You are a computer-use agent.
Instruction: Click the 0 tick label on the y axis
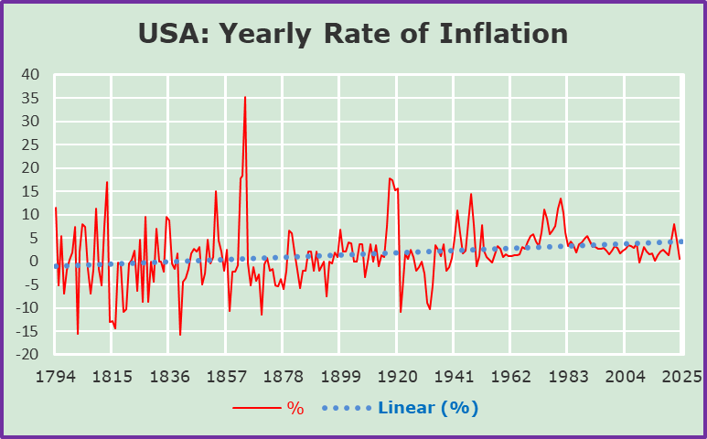35,262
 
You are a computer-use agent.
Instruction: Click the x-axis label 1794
55,376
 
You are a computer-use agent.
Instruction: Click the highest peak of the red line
245,97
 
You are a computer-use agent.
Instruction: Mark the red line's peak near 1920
390,178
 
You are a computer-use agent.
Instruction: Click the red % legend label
295,408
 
